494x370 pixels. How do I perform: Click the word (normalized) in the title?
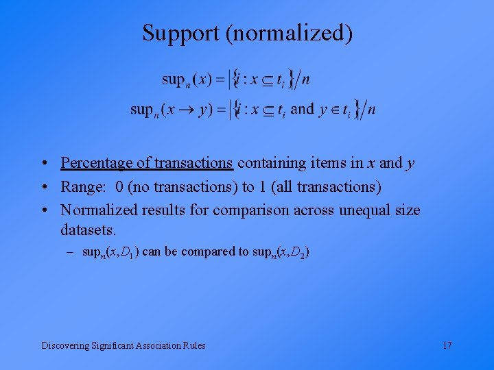tap(289, 34)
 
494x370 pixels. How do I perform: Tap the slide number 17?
tap(447, 345)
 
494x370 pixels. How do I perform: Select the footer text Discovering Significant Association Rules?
tap(123, 345)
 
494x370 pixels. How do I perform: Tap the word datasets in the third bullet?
tap(88, 227)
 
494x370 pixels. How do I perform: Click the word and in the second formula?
tap(302, 109)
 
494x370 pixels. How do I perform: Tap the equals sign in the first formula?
tap(220, 80)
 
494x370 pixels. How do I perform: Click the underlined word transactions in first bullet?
tap(194, 163)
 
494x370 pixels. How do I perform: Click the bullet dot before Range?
tap(43, 187)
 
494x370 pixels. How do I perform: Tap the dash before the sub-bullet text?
tap(71, 252)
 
